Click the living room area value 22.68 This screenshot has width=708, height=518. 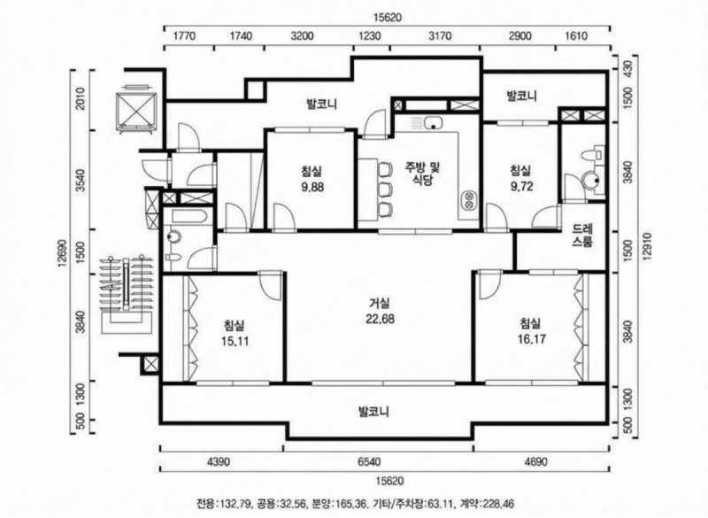coord(380,319)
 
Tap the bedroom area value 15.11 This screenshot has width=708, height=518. coord(235,341)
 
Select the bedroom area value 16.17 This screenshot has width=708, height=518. coord(532,339)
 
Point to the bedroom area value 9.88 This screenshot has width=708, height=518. coord(312,187)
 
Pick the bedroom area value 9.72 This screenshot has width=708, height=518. coord(521,186)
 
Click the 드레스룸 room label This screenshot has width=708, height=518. coord(582,235)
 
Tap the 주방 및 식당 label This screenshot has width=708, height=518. coord(423,174)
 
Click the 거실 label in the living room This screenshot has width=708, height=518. coord(380,304)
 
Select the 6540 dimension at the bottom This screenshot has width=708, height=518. coord(369,461)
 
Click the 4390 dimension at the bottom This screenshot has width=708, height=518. coord(218,461)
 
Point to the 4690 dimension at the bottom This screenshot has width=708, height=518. coord(535,461)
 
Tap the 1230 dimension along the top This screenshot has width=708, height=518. coord(369,35)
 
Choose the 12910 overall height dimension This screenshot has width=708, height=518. coord(647,246)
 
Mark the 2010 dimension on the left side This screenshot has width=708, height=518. coord(81,99)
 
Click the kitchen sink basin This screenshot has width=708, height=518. coord(433,122)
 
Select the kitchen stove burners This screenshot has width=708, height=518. coord(469,200)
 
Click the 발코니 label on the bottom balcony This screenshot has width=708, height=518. coord(373,412)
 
